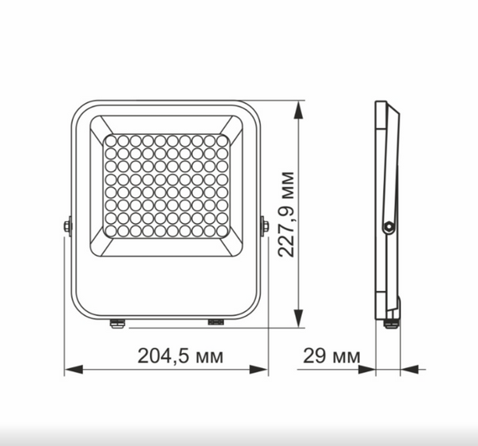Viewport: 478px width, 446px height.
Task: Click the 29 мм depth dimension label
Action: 328,355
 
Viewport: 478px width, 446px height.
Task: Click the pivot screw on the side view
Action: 387,226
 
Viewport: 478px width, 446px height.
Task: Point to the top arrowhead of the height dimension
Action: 299,107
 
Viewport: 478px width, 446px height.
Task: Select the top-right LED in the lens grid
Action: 221,142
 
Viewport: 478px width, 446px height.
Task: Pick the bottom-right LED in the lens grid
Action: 221,231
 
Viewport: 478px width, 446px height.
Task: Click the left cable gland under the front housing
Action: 116,322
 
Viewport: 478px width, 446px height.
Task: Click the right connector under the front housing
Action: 216,320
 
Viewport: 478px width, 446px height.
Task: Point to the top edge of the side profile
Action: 382,104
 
